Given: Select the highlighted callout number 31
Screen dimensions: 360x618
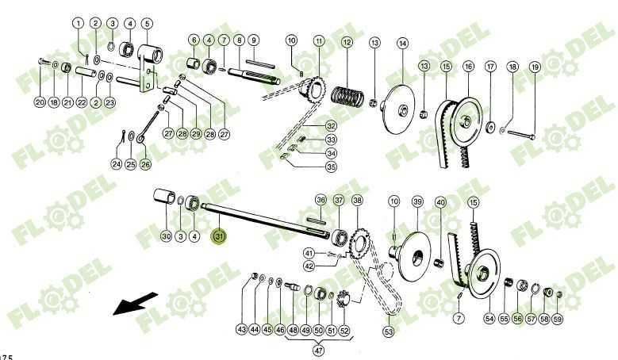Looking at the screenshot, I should coord(219,236).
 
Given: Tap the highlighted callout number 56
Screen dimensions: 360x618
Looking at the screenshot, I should coord(516,319).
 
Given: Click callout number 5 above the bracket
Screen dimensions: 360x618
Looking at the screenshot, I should coord(147,23).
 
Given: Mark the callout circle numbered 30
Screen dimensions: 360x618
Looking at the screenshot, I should coord(166,236).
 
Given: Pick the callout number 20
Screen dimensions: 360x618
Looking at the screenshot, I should coord(40,102).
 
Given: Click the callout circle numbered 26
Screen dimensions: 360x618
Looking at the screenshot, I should coord(145,164).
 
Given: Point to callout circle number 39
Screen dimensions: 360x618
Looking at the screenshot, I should coord(416,201).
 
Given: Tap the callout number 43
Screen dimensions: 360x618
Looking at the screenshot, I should coord(241,328).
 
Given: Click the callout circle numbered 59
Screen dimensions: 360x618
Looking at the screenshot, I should coord(558,319).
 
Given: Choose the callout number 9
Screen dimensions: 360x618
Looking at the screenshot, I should coord(253,40).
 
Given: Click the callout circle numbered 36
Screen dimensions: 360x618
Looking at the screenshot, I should coord(321,200).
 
